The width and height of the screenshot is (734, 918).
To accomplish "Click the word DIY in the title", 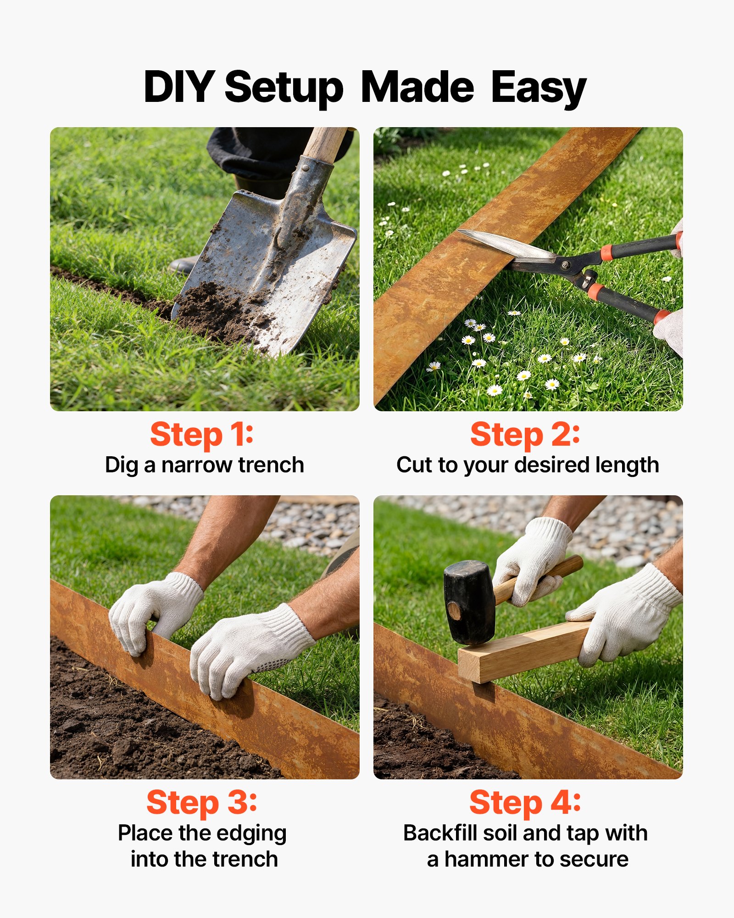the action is click(x=178, y=87).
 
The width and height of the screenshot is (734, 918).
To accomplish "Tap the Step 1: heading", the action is click(x=202, y=435).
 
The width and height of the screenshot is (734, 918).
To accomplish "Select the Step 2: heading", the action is click(x=525, y=435).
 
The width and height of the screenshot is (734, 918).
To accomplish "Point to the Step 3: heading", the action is click(x=202, y=803).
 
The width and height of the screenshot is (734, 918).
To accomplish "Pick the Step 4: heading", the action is click(x=525, y=803).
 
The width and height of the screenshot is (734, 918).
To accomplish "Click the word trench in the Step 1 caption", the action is click(x=271, y=465).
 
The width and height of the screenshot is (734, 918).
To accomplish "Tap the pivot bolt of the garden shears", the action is click(x=565, y=264).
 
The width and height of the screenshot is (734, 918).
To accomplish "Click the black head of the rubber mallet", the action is click(x=469, y=602).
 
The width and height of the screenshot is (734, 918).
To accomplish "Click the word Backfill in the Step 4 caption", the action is click(x=440, y=833).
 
